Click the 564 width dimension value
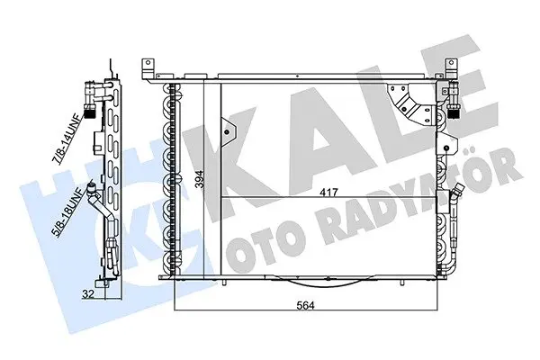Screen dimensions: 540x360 pos(305,305)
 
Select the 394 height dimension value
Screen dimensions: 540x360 pos(201,179)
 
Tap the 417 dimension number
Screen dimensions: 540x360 pos(329,192)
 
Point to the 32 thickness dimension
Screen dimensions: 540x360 pos(88,294)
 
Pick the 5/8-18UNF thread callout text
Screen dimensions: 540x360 pos(67,212)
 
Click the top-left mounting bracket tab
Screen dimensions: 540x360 pos(148,69)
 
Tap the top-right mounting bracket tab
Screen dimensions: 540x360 pos(451,69)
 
